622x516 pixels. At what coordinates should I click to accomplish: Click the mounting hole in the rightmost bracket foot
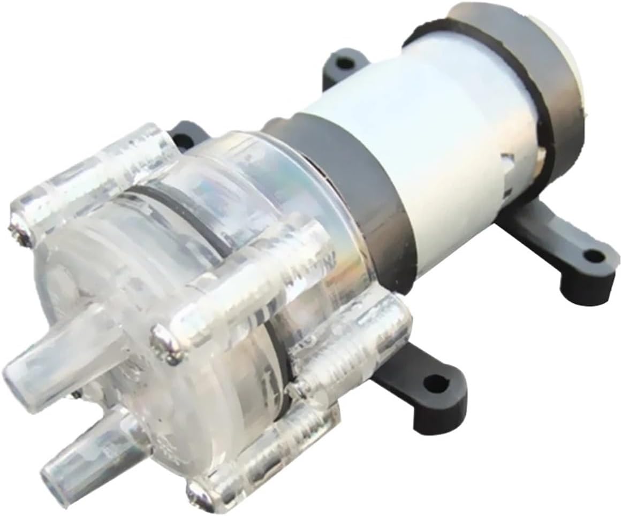point(592,256)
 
